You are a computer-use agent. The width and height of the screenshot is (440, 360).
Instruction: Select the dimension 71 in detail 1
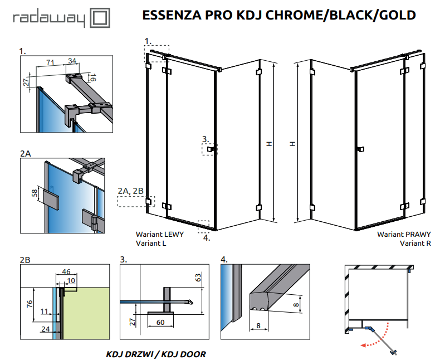pos(50,61)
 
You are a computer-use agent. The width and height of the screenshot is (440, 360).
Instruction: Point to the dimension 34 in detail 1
pos(72,60)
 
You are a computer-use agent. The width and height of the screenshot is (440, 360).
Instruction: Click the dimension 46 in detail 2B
pos(66,273)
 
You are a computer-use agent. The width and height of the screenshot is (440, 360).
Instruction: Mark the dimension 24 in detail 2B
pos(45,329)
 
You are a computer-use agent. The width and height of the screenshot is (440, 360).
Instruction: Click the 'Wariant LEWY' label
pos(159,235)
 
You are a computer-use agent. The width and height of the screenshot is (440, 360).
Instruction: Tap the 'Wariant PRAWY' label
pos(404,235)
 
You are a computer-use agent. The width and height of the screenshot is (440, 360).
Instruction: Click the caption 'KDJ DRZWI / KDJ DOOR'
pos(155,354)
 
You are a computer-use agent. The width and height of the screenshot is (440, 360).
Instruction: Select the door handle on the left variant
pos(211,149)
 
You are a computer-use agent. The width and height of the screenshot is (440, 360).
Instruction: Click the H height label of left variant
pos(268,144)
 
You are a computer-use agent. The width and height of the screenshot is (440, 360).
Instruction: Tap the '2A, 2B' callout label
pos(131,191)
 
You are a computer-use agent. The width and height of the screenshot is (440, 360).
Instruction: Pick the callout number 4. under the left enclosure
pos(207,237)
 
